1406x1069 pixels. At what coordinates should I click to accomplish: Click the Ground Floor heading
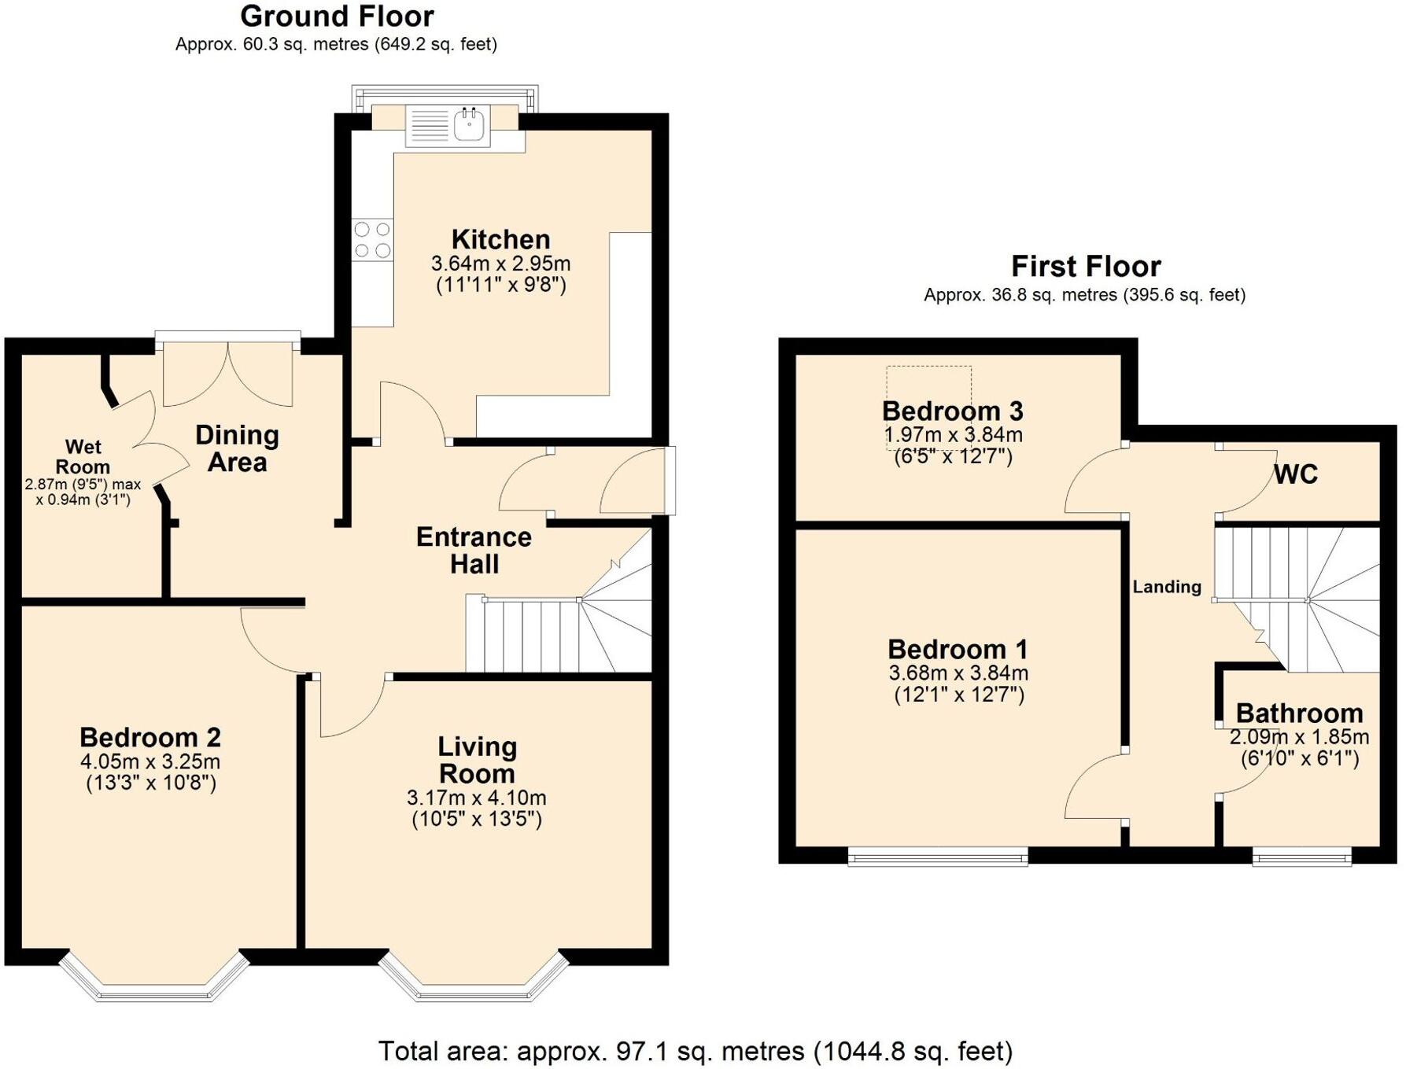pos(337,17)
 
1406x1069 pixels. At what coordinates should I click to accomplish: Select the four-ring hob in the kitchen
pos(372,240)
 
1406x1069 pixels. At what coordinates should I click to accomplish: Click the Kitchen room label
pos(500,239)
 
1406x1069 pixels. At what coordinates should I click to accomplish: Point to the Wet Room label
pos(83,457)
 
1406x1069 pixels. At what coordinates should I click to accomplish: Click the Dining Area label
pos(237,448)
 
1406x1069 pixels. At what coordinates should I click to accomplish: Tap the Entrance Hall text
pos(474,550)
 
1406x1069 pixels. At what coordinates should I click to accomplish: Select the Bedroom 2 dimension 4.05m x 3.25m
pos(149,761)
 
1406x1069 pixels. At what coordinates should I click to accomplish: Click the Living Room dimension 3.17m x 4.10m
pos(476,798)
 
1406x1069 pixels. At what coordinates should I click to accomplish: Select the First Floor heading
pos(1085,267)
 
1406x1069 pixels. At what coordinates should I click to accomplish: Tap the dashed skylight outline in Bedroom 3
pos(928,385)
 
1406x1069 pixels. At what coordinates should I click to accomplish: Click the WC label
pos(1295,474)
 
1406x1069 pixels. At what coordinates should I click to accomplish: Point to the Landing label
pos(1167,587)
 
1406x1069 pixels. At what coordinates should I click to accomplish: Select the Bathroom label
pos(1299,713)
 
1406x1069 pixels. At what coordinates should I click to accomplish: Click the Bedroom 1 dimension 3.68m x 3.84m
pos(958,673)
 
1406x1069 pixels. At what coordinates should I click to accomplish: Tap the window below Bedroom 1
pos(938,857)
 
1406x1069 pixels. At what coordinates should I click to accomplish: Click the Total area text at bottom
pos(696,1051)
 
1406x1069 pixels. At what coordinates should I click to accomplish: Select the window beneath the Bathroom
pos(1301,857)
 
